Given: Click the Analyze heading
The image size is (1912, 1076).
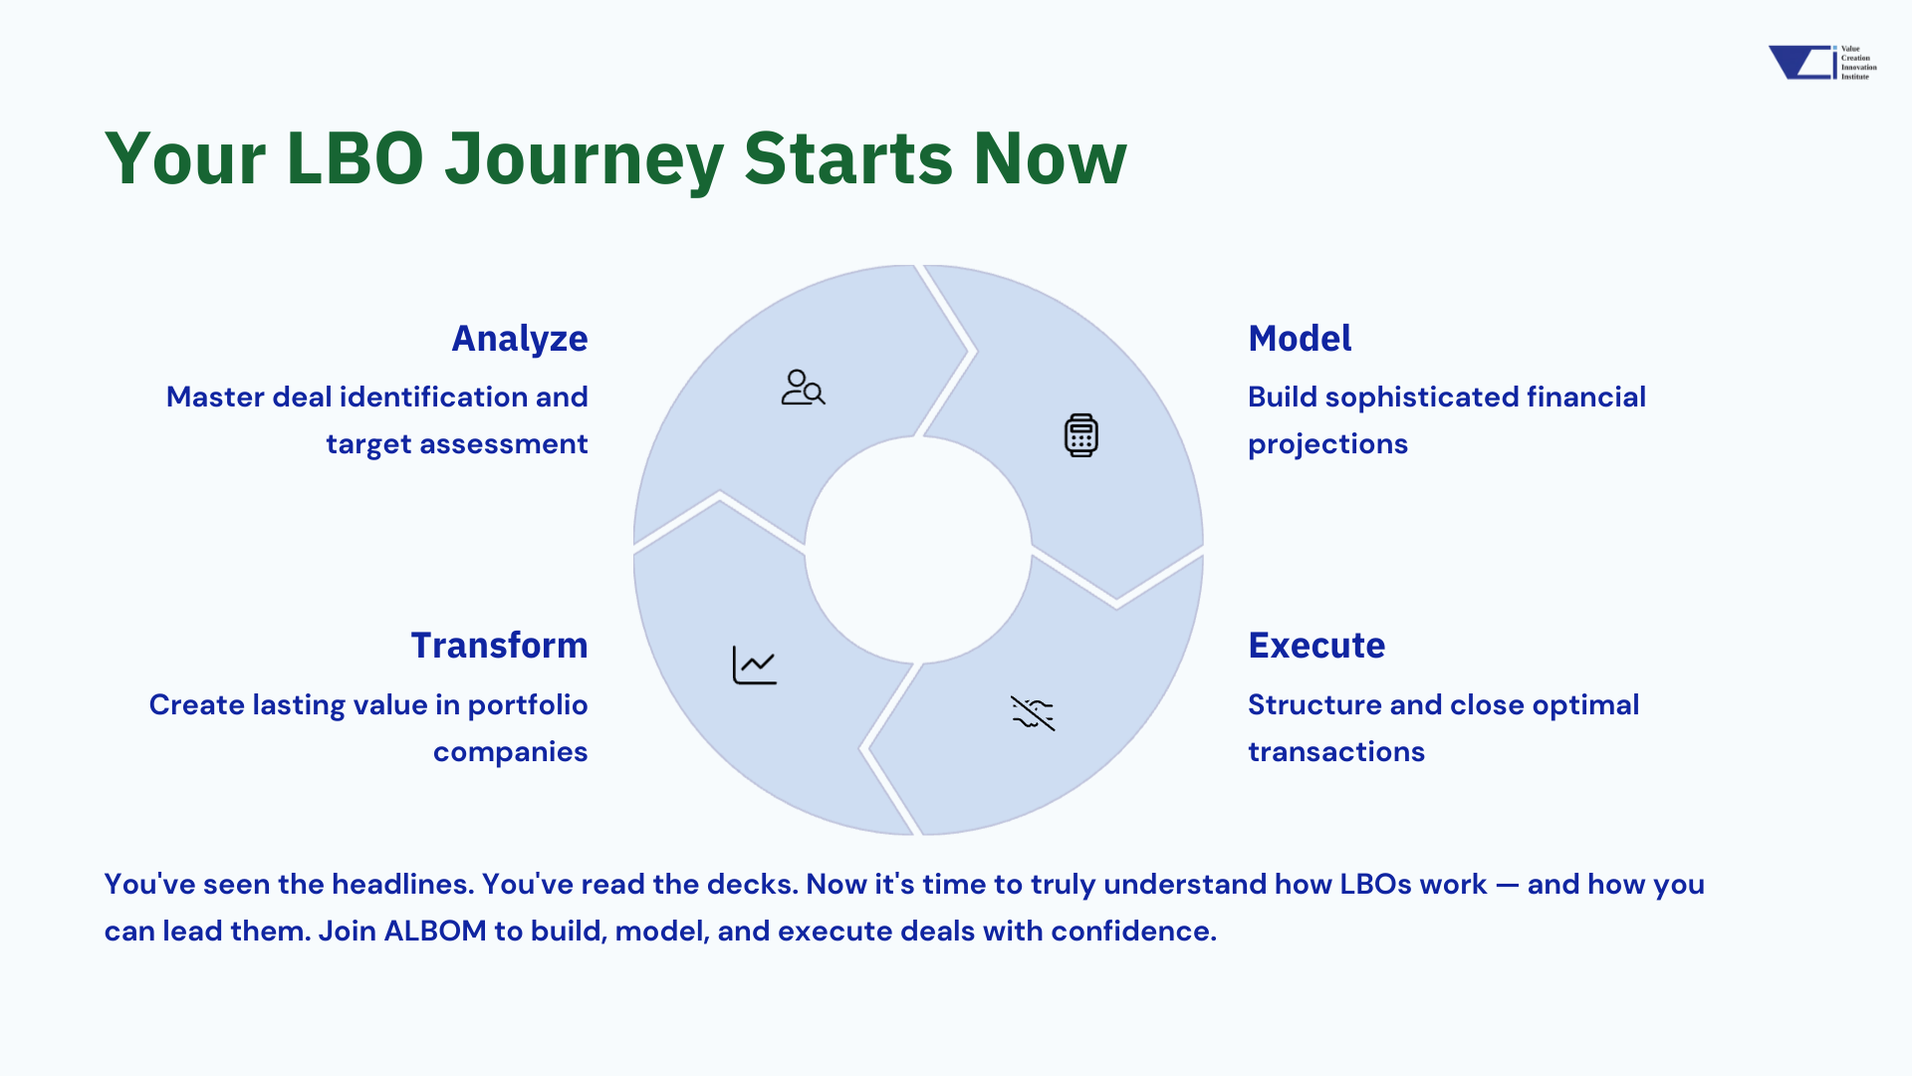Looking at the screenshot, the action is coord(520,340).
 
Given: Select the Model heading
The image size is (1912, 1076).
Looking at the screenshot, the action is coord(1300,339).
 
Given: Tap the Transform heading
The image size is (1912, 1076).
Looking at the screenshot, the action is coord(499,646).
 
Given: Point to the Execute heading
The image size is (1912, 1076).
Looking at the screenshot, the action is coord(1316,646).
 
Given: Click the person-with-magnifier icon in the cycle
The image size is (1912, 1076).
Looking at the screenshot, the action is coord(803,388).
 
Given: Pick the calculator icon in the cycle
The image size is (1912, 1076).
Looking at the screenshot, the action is coord(1080,435).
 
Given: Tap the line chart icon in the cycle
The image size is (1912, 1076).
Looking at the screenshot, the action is coord(754,666).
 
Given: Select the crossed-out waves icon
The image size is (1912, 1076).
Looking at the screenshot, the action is coord(1033,713).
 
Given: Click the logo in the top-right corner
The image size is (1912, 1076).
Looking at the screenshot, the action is coord(1822,62).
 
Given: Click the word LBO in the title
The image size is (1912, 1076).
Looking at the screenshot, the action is coord(355,158).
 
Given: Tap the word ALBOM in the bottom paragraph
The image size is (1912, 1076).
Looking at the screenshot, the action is coord(435,931).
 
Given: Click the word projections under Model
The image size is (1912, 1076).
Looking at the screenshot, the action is coord(1327,444).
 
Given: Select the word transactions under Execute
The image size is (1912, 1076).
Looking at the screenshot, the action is coord(1336,751).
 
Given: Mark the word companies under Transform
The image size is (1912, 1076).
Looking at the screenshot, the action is coord(510,752).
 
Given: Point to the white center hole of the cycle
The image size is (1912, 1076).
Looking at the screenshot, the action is coord(918,550).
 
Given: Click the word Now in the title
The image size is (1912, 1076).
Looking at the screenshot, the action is coord(1050,158).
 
